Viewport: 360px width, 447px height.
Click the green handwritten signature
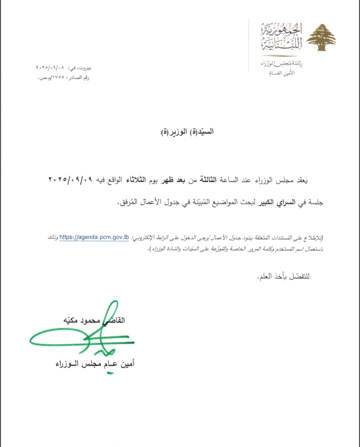coord(75,335)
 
